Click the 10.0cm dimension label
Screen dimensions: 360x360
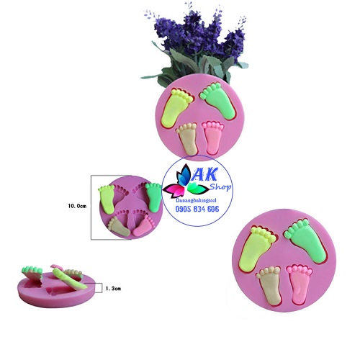point(77,206)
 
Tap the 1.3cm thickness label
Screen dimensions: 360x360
point(113,289)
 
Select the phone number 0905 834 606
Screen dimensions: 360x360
point(197,209)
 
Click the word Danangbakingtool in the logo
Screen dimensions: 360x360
point(196,200)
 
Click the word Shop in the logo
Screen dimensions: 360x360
point(221,186)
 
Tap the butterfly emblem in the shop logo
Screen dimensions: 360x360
point(185,181)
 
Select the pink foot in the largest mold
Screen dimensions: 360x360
point(299,284)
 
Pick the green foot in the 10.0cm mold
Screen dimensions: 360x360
point(153,197)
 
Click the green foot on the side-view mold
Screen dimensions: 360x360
point(32,271)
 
